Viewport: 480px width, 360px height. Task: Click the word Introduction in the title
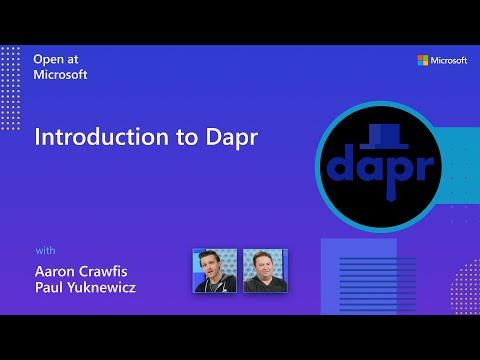pyautogui.click(x=83, y=138)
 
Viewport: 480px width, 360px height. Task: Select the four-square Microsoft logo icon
pyautogui.click(x=423, y=61)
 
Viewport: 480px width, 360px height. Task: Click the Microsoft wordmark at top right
pyautogui.click(x=449, y=61)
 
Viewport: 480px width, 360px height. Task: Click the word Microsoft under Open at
pyautogui.click(x=60, y=74)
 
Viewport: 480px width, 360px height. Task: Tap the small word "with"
pyautogui.click(x=45, y=249)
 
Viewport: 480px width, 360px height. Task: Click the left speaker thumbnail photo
pyautogui.click(x=214, y=270)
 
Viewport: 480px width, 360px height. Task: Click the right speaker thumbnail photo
pyautogui.click(x=265, y=270)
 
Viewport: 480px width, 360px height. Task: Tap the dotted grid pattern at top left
pyautogui.click(x=11, y=75)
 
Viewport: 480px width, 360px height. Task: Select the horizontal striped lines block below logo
pyautogui.click(x=360, y=275)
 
